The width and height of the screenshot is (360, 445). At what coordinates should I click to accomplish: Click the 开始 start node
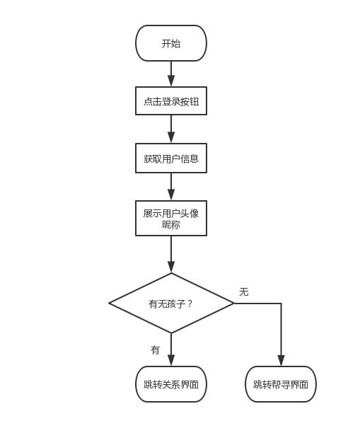(x=171, y=43)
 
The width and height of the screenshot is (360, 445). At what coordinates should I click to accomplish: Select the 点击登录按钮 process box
(x=171, y=101)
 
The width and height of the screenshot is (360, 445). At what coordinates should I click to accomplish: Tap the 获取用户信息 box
(x=171, y=158)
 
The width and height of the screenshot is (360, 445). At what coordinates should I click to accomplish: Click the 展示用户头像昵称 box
(x=171, y=218)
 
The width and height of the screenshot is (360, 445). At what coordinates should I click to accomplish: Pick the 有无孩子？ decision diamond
(x=171, y=304)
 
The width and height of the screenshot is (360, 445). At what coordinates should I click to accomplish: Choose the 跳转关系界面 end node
(x=171, y=384)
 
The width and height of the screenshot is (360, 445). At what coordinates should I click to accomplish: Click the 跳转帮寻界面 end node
(x=281, y=384)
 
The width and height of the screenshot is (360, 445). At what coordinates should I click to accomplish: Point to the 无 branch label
(x=244, y=291)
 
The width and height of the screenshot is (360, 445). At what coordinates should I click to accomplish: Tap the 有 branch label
(x=155, y=350)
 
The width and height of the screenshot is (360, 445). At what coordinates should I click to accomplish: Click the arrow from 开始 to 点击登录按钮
(x=171, y=74)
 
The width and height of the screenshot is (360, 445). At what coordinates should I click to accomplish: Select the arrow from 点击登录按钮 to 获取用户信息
(x=171, y=129)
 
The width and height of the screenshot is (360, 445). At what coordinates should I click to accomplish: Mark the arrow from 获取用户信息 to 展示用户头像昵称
(x=171, y=187)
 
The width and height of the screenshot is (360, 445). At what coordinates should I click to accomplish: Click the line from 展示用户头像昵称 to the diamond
(x=171, y=254)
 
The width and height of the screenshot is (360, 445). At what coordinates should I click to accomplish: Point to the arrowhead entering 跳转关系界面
(x=171, y=361)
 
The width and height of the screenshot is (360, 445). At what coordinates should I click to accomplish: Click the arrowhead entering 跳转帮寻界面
(x=281, y=361)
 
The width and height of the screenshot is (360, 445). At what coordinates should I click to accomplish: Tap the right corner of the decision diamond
(x=233, y=304)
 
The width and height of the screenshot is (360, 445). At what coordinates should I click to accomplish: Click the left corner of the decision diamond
(x=110, y=304)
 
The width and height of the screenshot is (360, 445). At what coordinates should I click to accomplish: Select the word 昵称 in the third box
(x=171, y=225)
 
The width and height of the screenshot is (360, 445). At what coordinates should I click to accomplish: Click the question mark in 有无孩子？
(x=190, y=304)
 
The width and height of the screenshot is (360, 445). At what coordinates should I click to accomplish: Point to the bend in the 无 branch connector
(x=281, y=304)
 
